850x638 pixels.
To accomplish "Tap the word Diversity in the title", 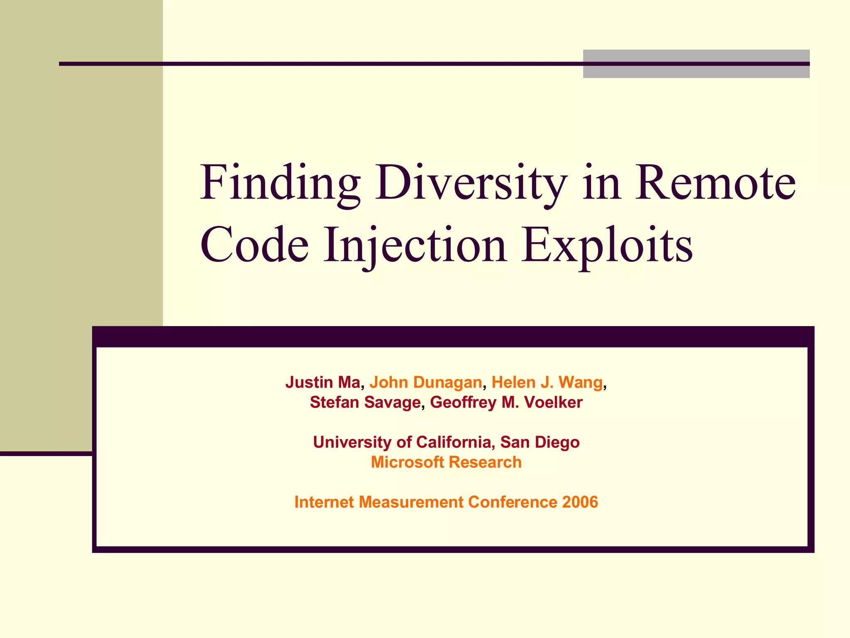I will [x=471, y=183].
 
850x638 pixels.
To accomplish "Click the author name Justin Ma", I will [x=322, y=382].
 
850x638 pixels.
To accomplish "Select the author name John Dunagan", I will [x=425, y=382].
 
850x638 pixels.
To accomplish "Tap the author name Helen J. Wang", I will [x=547, y=382].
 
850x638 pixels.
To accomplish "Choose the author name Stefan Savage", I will [x=365, y=402].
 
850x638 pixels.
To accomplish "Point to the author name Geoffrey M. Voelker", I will [x=506, y=402].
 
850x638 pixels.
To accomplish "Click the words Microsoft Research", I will [x=446, y=462].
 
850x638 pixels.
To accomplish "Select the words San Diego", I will [x=540, y=442].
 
